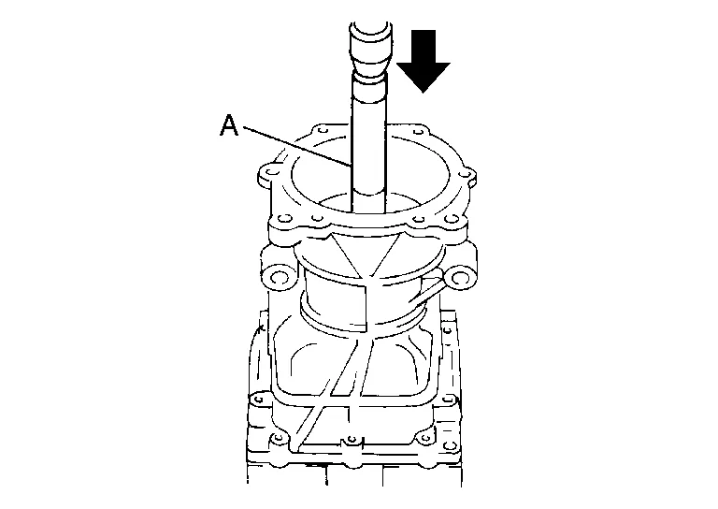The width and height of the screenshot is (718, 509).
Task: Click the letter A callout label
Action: pos(229,125)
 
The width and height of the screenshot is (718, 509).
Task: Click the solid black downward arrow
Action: pos(424,61)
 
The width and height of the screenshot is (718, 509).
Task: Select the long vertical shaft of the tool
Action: pos(369,147)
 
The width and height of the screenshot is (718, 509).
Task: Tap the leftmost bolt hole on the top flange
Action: pos(272,172)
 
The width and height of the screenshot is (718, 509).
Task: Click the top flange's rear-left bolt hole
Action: pos(321,131)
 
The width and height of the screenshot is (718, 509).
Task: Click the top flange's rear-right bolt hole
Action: pos(418,132)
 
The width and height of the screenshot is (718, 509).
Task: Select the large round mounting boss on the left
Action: pos(279,278)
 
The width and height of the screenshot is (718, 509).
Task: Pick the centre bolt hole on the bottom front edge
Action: pos(352,440)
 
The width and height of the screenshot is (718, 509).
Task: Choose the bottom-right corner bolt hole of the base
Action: pos(451,445)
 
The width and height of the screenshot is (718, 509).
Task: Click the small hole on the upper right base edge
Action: pos(448,331)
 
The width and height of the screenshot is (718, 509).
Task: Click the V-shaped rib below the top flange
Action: pos(365,256)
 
